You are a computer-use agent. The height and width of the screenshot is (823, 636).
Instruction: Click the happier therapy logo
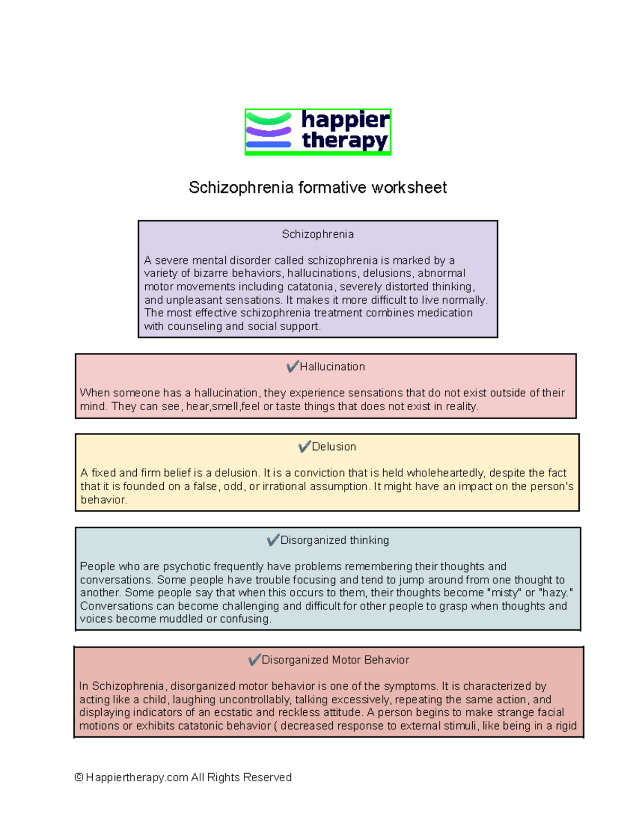point(317,131)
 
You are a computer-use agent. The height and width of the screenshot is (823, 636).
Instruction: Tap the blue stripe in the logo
point(269,144)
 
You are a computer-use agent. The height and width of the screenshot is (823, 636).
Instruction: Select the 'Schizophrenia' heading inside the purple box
point(317,234)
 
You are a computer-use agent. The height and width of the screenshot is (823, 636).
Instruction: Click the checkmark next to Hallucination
point(292,366)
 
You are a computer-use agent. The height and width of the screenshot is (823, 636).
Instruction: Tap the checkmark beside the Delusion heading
point(304,446)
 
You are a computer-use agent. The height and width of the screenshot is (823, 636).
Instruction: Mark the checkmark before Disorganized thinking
point(273,540)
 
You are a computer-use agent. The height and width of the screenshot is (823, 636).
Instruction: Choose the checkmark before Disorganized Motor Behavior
point(254,660)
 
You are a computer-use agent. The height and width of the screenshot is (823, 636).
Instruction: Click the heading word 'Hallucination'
point(332,367)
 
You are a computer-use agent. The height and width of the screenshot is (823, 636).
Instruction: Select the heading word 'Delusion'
point(334,447)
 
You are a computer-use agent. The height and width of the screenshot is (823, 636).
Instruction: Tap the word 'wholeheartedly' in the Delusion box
point(445,473)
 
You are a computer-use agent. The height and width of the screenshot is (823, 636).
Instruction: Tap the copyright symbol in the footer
point(79,777)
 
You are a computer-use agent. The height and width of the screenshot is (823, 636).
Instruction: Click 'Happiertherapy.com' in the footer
point(137,777)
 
